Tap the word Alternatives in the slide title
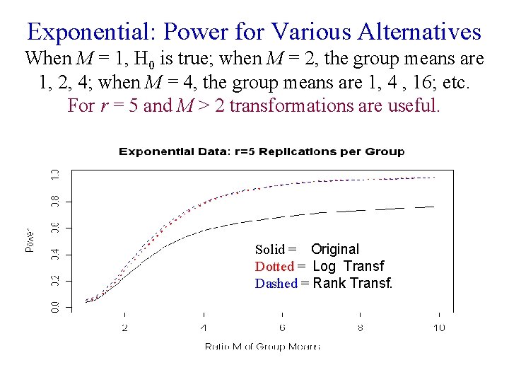pyautogui.click(x=419, y=33)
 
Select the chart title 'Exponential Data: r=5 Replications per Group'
pyautogui.click(x=262, y=151)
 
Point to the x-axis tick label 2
pyautogui.click(x=125, y=328)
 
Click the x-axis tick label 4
pyautogui.click(x=204, y=328)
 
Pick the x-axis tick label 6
pyautogui.click(x=282, y=328)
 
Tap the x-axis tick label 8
pyautogui.click(x=361, y=328)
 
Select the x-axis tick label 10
pyautogui.click(x=438, y=328)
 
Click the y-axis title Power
pyautogui.click(x=30, y=240)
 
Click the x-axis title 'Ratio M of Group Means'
pyautogui.click(x=262, y=346)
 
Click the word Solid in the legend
pyautogui.click(x=270, y=250)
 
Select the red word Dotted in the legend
pyautogui.click(x=274, y=267)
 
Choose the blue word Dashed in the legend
pyautogui.click(x=276, y=284)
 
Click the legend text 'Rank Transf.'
pyautogui.click(x=352, y=284)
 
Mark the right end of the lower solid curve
pyautogui.click(x=433, y=207)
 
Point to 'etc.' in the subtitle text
pyautogui.click(x=454, y=82)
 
